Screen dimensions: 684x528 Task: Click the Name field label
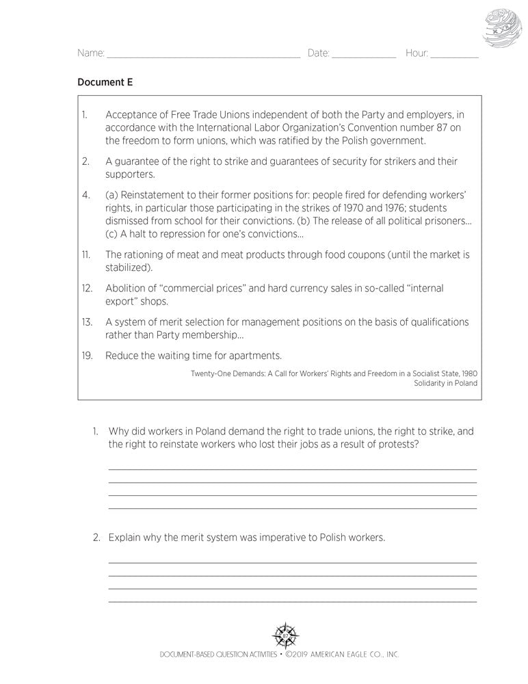click(x=90, y=53)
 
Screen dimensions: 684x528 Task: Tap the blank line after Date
click(x=364, y=54)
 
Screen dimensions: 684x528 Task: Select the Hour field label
click(x=417, y=53)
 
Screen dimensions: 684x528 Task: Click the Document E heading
click(x=105, y=82)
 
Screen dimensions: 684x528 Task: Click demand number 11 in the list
click(x=85, y=254)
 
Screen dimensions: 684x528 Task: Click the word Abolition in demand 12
click(x=127, y=289)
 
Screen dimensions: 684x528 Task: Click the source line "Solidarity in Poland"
click(x=445, y=383)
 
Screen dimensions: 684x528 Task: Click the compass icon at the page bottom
click(x=285, y=635)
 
